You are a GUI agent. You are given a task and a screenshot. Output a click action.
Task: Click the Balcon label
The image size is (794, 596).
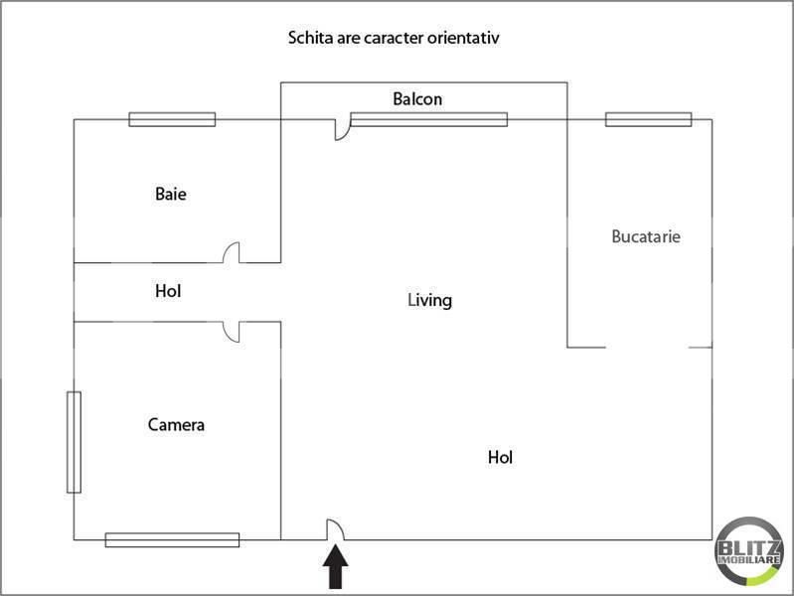click(417, 99)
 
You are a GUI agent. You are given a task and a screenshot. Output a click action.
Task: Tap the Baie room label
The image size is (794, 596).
click(170, 194)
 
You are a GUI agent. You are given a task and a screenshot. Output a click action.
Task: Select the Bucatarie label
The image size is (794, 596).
click(646, 236)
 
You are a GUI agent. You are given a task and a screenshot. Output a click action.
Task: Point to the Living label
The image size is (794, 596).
click(429, 299)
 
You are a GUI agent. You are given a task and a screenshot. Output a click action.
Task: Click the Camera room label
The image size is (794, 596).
click(176, 425)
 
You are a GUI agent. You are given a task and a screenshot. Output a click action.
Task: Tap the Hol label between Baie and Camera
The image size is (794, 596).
click(168, 292)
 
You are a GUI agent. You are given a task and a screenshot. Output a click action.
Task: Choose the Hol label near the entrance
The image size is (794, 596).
click(500, 458)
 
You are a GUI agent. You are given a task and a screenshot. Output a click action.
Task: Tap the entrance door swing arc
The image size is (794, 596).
click(336, 530)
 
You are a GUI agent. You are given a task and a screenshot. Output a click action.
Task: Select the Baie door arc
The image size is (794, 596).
click(232, 253)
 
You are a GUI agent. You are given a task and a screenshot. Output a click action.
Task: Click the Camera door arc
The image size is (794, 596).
click(232, 332)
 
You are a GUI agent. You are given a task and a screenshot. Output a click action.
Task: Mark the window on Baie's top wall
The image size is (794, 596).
click(172, 119)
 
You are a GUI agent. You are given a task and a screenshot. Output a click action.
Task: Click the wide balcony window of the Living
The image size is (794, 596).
click(428, 119)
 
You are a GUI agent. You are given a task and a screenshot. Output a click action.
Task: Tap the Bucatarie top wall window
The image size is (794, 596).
click(648, 119)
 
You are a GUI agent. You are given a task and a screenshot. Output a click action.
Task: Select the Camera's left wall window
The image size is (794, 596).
click(74, 442)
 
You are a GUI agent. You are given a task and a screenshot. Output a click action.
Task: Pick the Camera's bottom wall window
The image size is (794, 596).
click(172, 539)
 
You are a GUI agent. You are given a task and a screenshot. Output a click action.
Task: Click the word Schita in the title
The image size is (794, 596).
click(310, 39)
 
